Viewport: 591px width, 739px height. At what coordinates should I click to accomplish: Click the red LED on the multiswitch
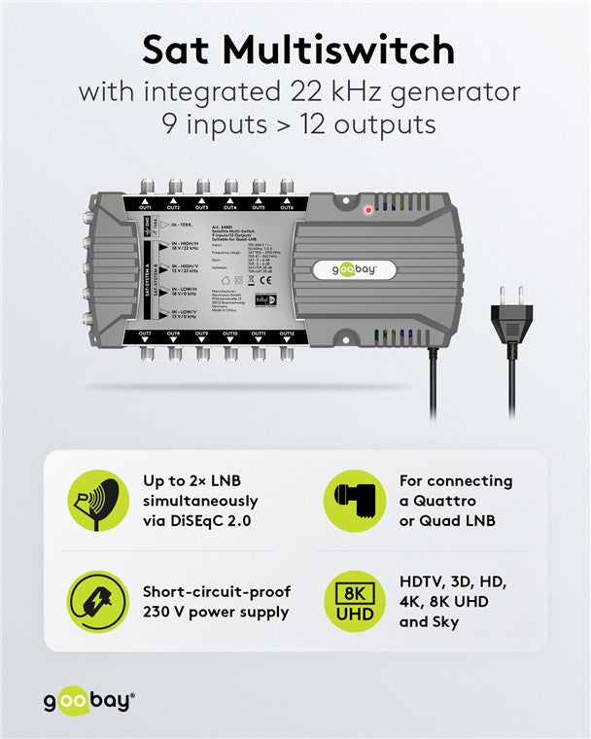[368, 209]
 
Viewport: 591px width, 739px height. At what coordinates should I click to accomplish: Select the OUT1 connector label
[146, 208]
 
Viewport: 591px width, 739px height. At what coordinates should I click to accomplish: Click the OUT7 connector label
[146, 334]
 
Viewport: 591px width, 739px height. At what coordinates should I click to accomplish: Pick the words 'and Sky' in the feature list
[429, 621]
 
